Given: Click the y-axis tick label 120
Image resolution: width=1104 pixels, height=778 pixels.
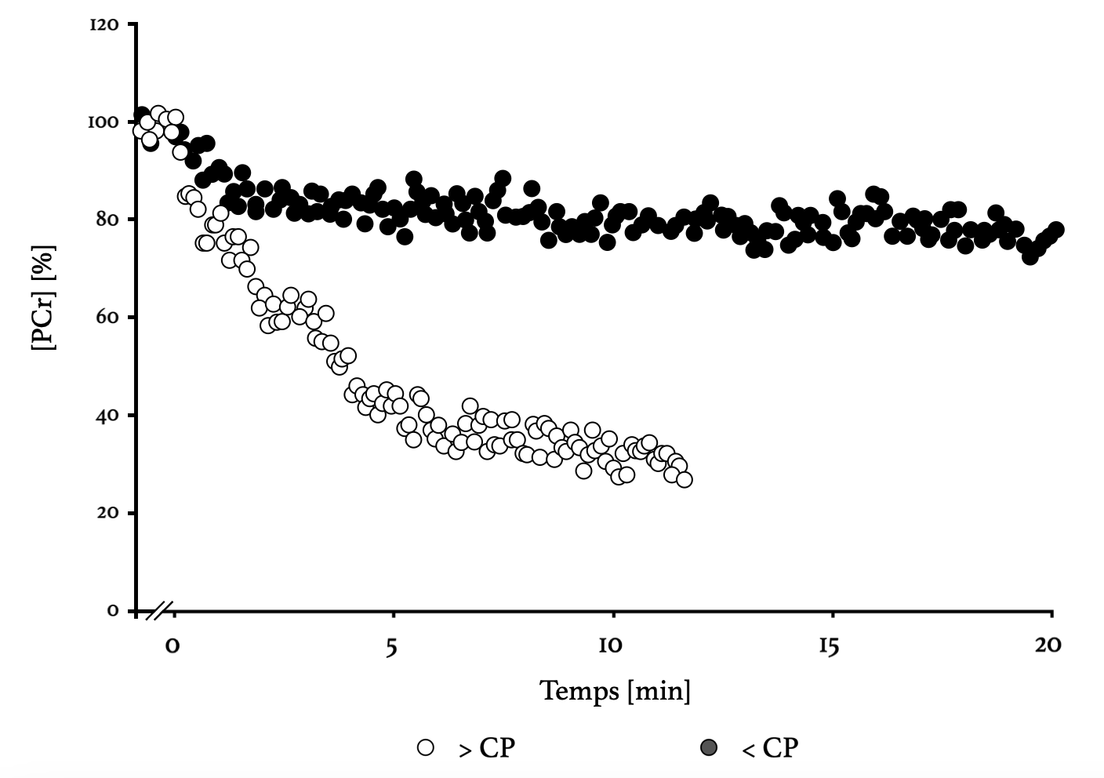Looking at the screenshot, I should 104,25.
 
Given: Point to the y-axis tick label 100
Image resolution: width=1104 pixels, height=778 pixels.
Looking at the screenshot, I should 103,122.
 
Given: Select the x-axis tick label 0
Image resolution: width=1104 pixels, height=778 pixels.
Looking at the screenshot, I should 173,646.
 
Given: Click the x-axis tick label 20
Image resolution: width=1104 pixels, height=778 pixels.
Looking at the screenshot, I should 1048,646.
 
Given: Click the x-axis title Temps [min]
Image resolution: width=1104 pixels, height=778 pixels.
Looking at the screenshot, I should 616,691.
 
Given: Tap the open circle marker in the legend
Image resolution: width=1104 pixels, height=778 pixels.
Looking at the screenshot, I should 426,747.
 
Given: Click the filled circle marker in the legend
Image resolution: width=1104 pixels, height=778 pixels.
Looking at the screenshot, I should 708,747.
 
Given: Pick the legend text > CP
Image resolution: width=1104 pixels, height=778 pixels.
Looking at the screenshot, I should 487,748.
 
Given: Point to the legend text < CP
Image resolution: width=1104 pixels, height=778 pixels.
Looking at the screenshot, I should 769,748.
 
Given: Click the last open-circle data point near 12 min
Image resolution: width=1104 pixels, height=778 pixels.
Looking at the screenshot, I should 684,479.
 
